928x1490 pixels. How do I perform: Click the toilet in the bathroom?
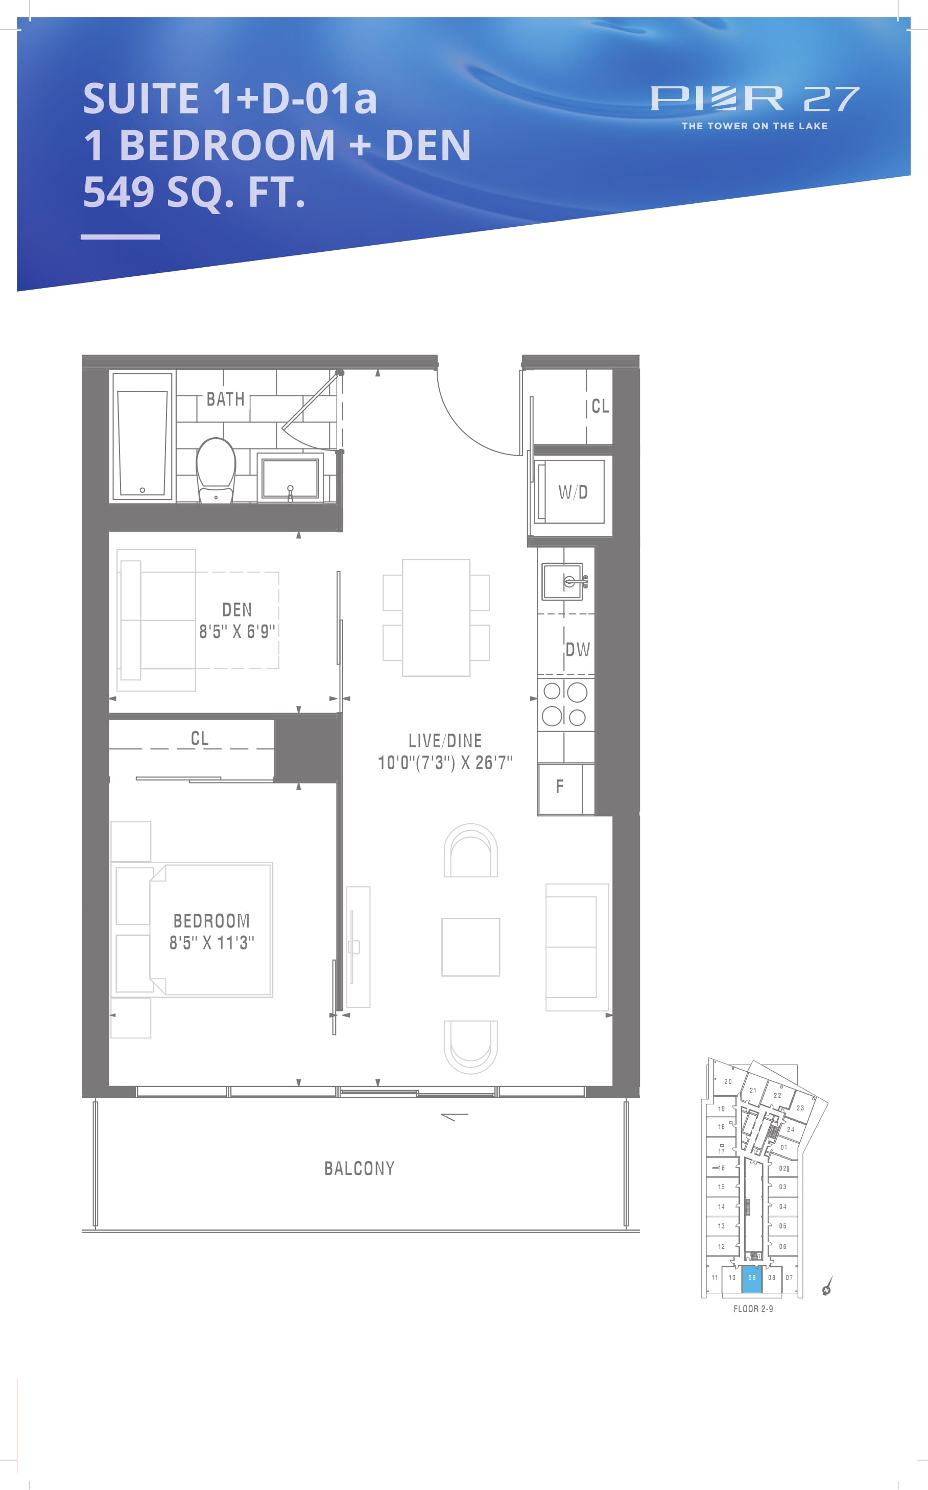pyautogui.click(x=216, y=470)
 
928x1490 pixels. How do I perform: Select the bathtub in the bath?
pyautogui.click(x=142, y=435)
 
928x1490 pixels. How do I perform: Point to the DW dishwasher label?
pyautogui.click(x=578, y=649)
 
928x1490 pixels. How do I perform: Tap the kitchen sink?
pyautogui.click(x=563, y=581)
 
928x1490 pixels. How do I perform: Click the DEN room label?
pyautogui.click(x=237, y=609)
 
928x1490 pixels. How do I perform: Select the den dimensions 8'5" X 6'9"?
pyautogui.click(x=237, y=631)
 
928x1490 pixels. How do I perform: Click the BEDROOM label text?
pyautogui.click(x=212, y=920)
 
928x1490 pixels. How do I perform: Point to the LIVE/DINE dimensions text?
pyautogui.click(x=445, y=762)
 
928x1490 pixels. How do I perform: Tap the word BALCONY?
pyautogui.click(x=359, y=1168)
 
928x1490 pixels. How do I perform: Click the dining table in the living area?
pyautogui.click(x=436, y=618)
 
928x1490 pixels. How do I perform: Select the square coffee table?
pyautogui.click(x=471, y=947)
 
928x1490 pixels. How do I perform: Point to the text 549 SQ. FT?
pyautogui.click(x=194, y=192)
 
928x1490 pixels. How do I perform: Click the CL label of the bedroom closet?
pyautogui.click(x=200, y=738)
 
